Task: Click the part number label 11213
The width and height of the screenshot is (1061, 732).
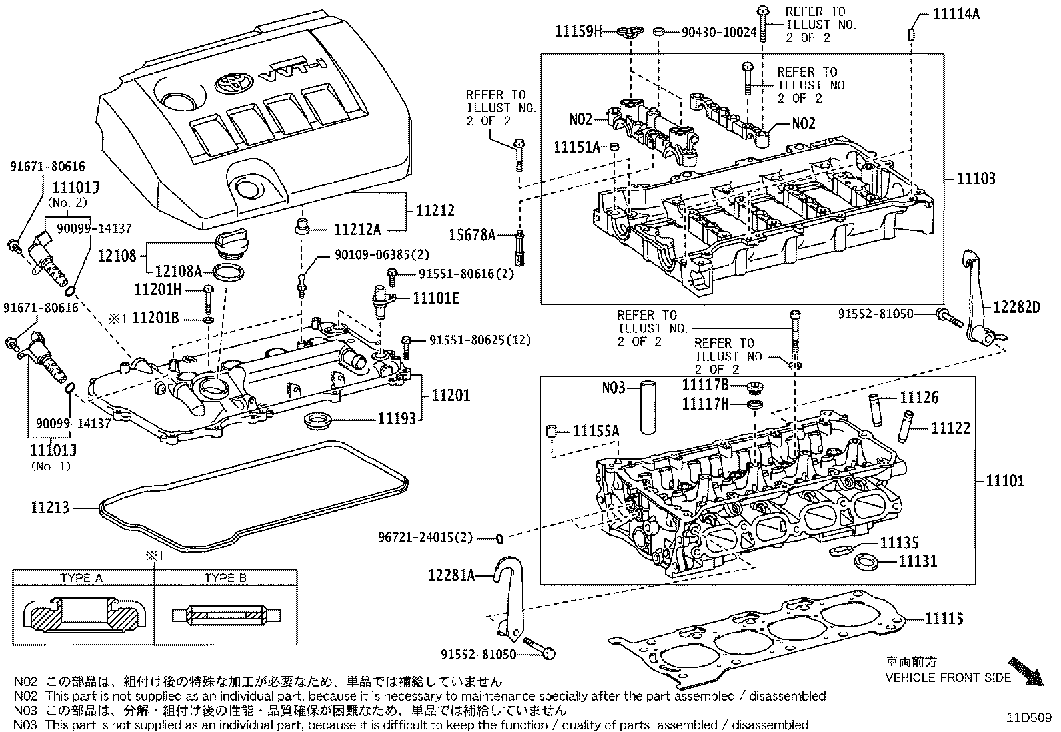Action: (49, 508)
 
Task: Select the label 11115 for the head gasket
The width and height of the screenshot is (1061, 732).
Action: (944, 619)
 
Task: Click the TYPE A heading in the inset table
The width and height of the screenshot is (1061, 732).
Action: (81, 578)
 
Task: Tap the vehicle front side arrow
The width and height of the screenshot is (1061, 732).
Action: (1024, 669)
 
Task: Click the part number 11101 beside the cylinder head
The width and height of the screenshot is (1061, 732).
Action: (1005, 480)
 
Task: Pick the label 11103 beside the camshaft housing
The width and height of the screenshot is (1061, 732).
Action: (976, 179)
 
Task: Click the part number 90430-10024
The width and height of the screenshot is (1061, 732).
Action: (720, 31)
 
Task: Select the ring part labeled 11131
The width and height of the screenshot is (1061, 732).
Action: (865, 561)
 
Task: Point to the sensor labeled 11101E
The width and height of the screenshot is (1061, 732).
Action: (383, 298)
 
